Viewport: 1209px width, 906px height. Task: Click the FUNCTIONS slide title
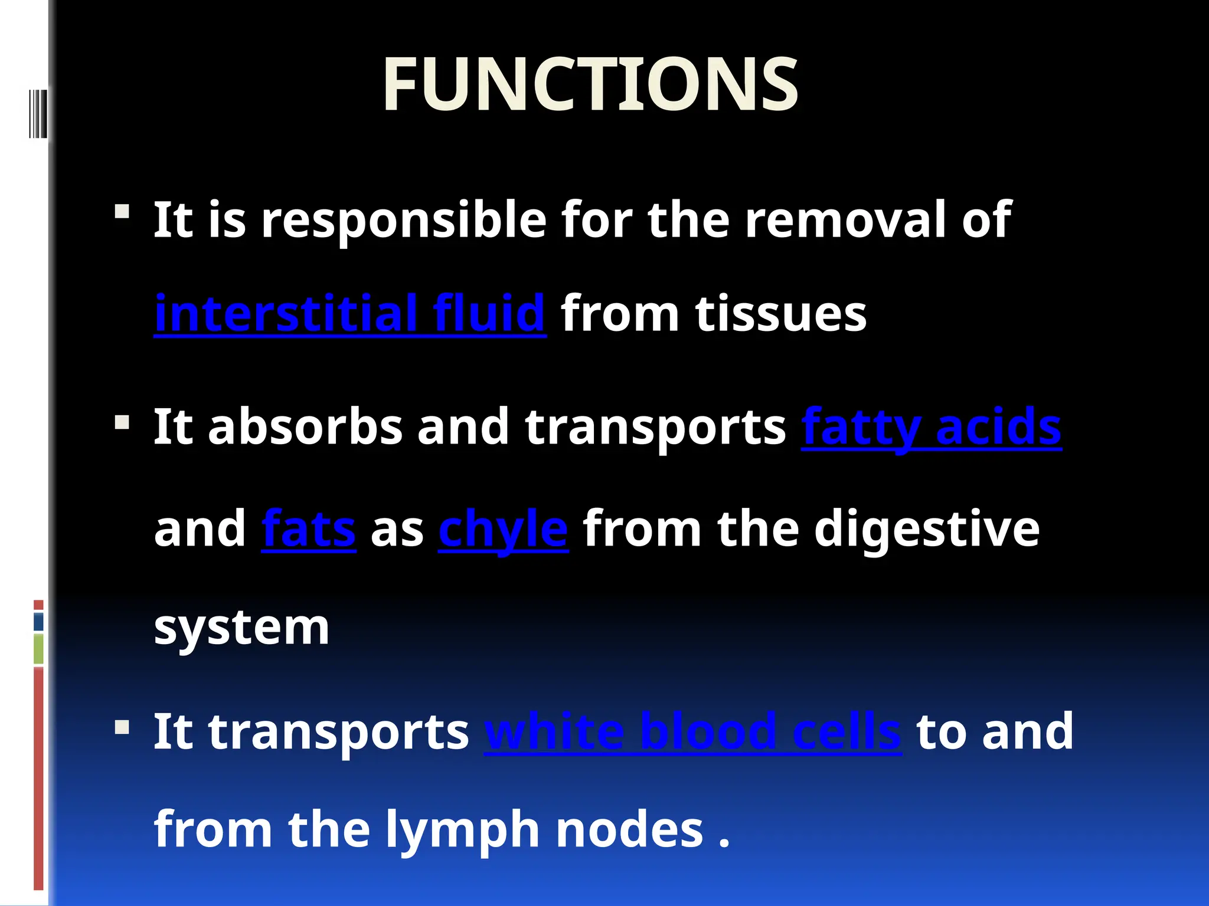[x=590, y=84]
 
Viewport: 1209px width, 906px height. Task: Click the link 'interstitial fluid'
[x=349, y=313]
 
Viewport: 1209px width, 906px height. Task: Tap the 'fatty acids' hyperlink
[x=931, y=427]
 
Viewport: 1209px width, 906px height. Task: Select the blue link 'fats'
[x=308, y=529]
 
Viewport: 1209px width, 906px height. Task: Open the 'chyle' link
[x=503, y=529]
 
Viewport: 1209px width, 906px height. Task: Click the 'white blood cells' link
[x=692, y=732]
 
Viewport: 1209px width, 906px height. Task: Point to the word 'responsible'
[x=404, y=220]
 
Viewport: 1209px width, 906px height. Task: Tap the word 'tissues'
[x=780, y=314]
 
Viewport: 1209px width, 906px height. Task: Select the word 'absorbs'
[x=305, y=427]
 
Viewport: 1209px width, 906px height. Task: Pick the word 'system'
[x=241, y=628]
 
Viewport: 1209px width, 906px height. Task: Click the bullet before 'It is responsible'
[x=122, y=211]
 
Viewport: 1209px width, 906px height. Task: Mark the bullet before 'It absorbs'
[x=122, y=422]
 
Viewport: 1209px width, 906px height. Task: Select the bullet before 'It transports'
[x=122, y=727]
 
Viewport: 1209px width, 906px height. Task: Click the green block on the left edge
[x=38, y=648]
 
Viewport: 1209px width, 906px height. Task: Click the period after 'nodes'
[x=724, y=843]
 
